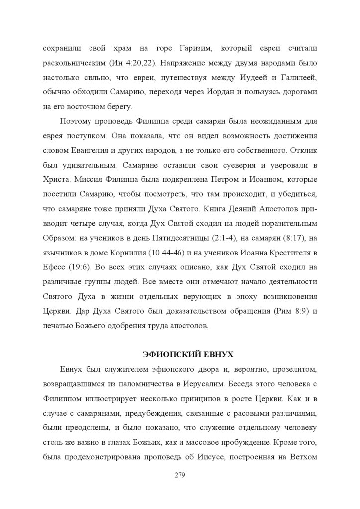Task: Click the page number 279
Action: (180, 475)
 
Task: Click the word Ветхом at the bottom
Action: (304, 457)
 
